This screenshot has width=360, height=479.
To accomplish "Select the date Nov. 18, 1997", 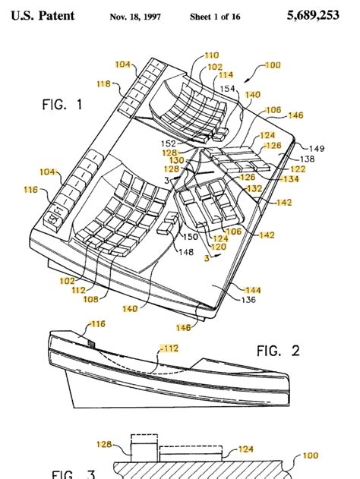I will click(139, 16).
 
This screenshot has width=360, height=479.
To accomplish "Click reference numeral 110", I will click(211, 55).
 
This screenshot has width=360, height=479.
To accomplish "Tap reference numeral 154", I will click(228, 89).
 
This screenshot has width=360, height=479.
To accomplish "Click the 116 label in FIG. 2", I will click(98, 324).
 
